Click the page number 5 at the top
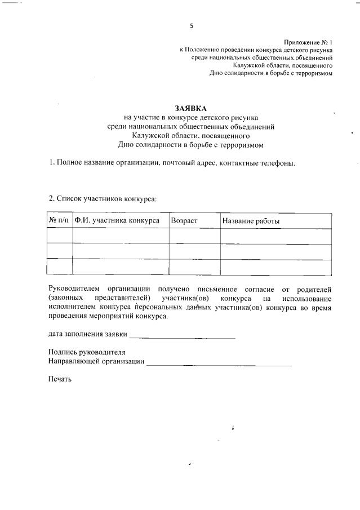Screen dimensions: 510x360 click(192, 25)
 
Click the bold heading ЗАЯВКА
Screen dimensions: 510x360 click(191, 108)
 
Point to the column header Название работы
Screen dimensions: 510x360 click(251, 221)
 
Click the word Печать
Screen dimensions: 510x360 click(60, 379)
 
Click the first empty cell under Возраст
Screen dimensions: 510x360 click(194, 236)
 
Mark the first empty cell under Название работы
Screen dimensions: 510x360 click(275, 236)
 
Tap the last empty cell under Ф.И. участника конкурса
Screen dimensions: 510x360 click(121, 266)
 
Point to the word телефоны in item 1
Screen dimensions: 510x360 click(277, 163)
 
